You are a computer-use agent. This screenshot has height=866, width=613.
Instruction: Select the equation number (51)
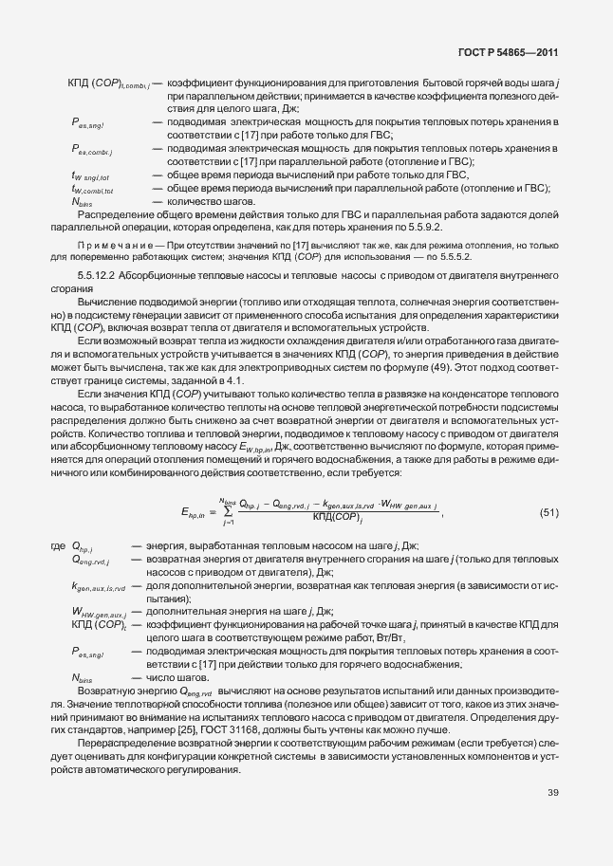pos(548,513)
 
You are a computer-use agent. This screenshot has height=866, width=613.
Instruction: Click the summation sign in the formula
pos(228,512)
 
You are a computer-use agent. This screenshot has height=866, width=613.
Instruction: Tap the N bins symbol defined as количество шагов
pos(83,203)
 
